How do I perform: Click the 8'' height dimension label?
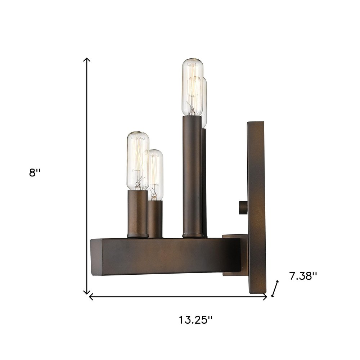click(x=35, y=173)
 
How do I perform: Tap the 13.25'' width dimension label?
click(x=196, y=319)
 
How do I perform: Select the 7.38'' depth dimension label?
click(x=303, y=276)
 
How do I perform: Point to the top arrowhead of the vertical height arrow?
click(x=86, y=59)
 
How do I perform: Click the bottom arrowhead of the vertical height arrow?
click(x=86, y=292)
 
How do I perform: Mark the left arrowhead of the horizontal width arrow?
click(x=91, y=297)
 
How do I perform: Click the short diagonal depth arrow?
click(x=275, y=288)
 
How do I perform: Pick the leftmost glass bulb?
click(x=138, y=160)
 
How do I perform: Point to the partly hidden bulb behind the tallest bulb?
click(x=205, y=103)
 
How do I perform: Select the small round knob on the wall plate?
click(x=242, y=208)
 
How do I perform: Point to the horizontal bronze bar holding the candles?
click(x=166, y=256)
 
